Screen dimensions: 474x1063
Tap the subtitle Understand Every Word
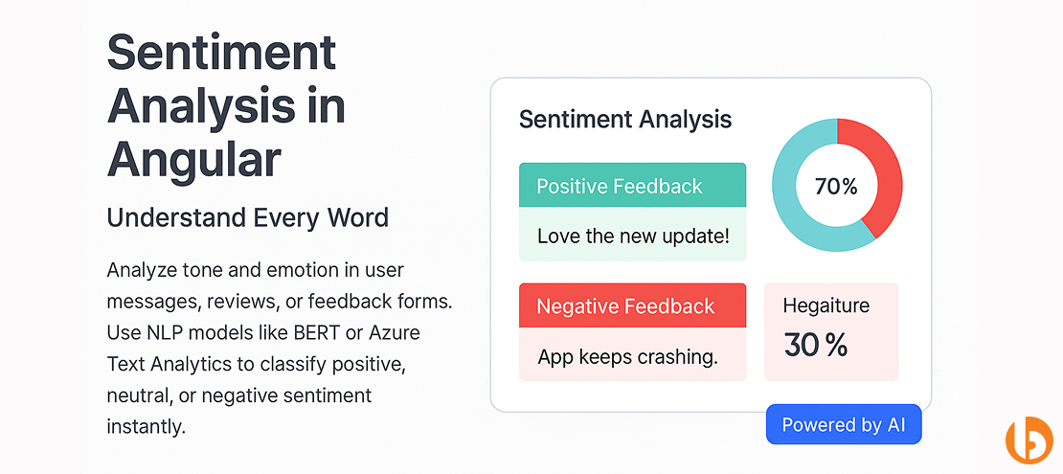coord(247,217)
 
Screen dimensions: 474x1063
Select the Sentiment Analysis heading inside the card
coord(624,120)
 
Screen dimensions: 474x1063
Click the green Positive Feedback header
coord(632,187)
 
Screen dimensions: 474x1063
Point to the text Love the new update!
coord(632,236)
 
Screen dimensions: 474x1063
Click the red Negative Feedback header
coord(632,306)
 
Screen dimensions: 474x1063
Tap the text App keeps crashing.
coord(627,357)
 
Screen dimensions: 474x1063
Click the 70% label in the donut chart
coord(835,187)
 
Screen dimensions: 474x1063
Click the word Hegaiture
coord(826,306)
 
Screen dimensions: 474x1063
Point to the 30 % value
coord(815,345)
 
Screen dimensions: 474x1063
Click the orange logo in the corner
coord(1029,440)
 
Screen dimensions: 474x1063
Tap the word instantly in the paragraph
coord(146,426)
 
